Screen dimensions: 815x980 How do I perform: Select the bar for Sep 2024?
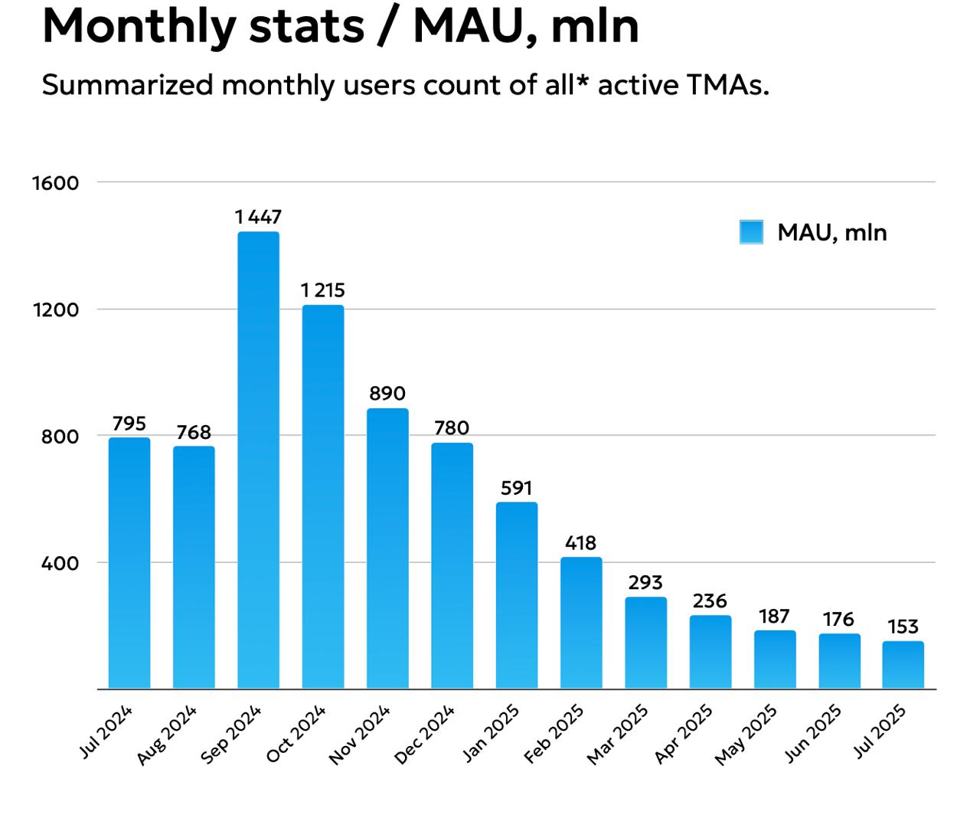(258, 460)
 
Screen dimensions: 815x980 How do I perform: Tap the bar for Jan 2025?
(516, 595)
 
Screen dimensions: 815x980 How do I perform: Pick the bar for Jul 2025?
(903, 665)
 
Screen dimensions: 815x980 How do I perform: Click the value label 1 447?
(258, 218)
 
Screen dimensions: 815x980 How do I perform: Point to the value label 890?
(387, 394)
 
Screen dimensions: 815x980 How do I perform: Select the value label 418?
(580, 543)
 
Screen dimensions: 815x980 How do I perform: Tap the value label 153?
(903, 627)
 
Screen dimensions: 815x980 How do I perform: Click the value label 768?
(193, 433)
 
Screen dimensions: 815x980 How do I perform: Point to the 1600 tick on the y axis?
(56, 183)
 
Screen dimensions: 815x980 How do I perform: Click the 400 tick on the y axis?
(60, 564)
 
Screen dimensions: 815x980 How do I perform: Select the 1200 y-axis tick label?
(56, 310)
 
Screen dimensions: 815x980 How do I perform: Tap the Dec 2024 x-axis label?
(425, 735)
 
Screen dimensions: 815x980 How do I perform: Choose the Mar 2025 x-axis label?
(618, 735)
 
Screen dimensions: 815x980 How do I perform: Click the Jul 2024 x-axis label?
(106, 732)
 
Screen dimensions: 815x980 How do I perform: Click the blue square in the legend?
(751, 232)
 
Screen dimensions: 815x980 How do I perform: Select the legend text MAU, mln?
(831, 233)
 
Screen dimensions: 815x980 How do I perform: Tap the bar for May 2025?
(774, 660)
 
